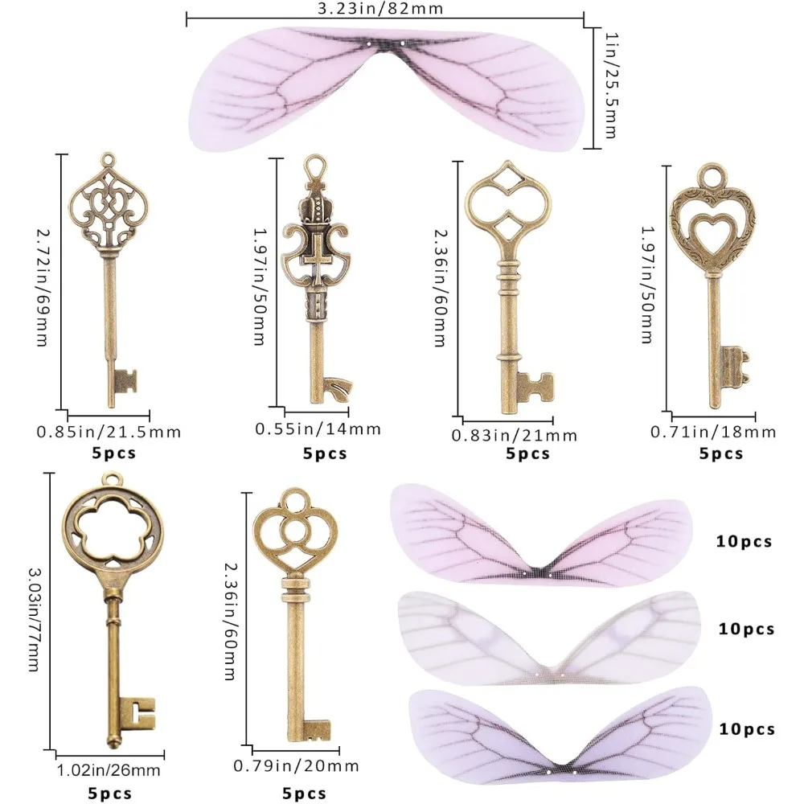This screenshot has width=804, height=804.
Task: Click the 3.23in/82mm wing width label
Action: [385, 9]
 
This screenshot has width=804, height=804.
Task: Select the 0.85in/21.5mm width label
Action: [109, 432]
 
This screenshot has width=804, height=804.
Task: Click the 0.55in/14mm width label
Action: [318, 429]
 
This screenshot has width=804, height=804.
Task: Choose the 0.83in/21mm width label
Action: [515, 435]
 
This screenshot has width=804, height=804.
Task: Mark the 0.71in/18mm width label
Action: [713, 432]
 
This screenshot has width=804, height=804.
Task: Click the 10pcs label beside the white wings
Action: [745, 629]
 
